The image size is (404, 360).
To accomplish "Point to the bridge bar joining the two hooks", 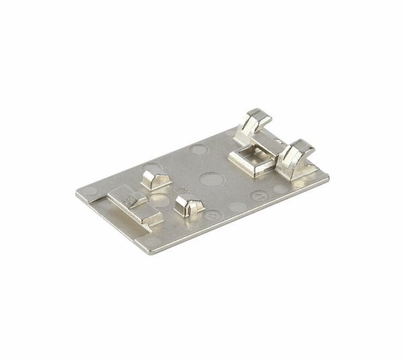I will click(x=273, y=144).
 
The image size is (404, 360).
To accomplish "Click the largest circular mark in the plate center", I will click(x=211, y=180).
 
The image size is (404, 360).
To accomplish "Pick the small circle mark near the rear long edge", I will click(x=199, y=149).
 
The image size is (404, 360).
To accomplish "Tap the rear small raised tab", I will click(x=156, y=179).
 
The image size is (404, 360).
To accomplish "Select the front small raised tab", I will click(x=189, y=203).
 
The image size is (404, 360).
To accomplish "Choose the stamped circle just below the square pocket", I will click(x=259, y=196).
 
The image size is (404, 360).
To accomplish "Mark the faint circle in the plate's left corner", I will click(x=90, y=191).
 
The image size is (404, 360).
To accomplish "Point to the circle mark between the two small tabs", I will click(x=160, y=200).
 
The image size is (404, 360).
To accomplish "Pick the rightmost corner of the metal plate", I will click(x=329, y=177).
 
